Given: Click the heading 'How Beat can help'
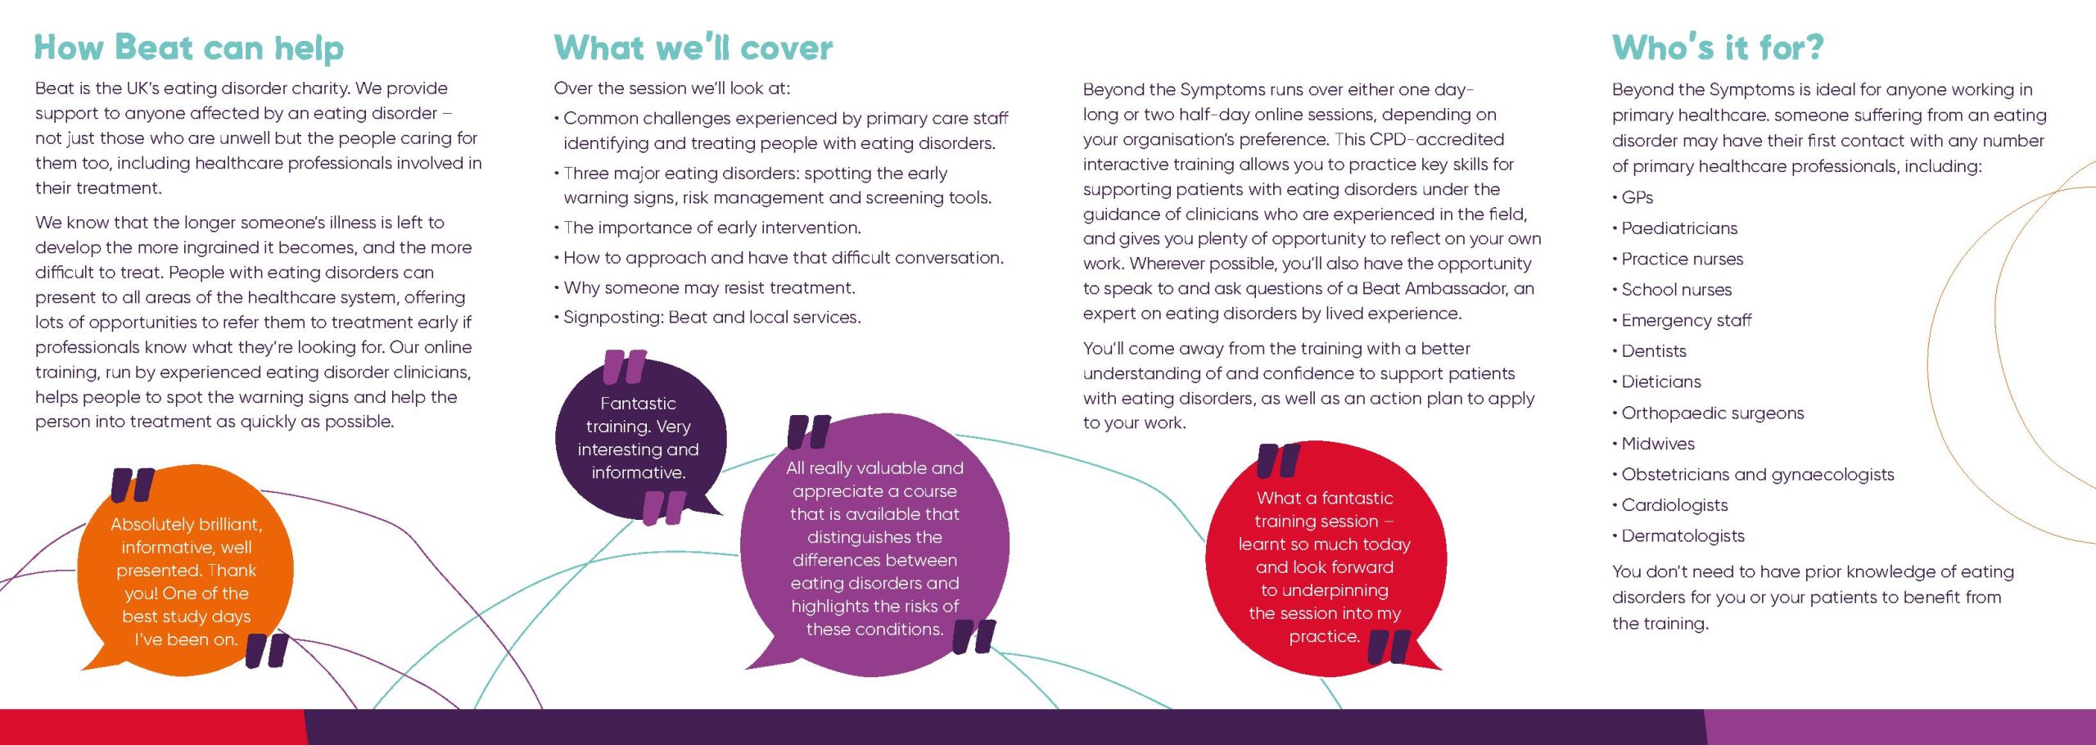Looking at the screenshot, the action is pos(189,48).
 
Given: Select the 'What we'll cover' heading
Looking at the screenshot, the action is pos(693,47).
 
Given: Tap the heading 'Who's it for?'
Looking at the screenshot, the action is pos(1718,47).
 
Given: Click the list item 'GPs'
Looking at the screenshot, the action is pos(1637,197).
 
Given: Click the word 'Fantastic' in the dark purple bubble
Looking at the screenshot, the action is pos(638,404).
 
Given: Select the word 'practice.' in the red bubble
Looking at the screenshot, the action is pos(1324,636).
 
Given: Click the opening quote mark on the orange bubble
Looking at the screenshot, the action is pos(133,485).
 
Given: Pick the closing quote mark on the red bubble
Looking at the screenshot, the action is pos(1389,646).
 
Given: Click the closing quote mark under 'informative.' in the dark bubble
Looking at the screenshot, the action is pos(664,508).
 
